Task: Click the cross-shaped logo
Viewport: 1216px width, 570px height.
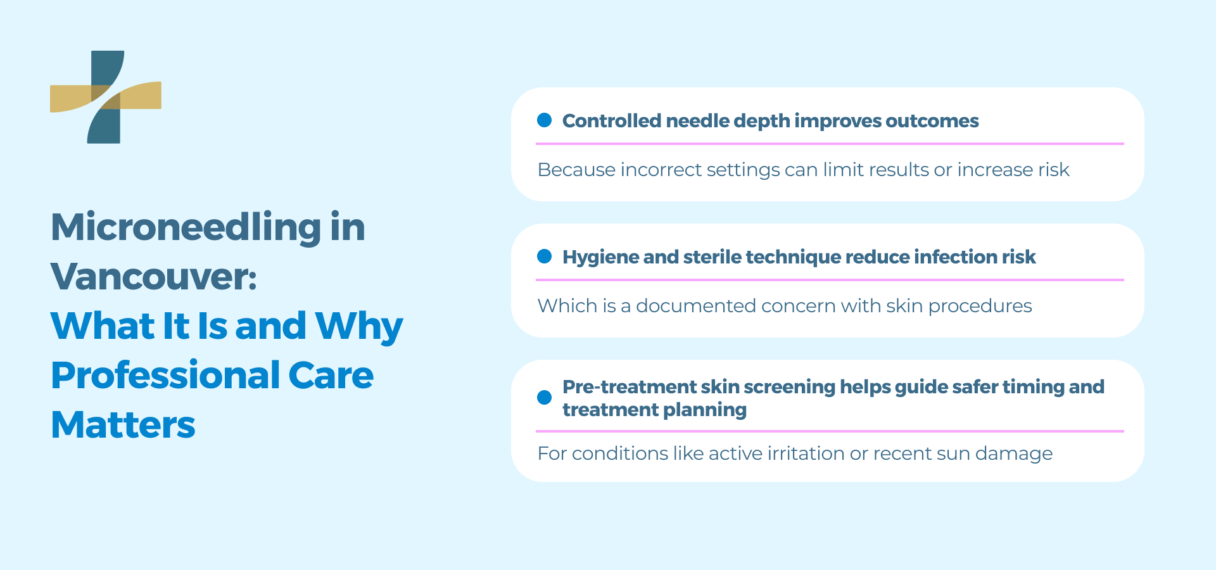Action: (105, 97)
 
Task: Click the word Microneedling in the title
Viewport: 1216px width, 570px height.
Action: (186, 227)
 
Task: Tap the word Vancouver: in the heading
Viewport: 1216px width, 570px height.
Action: (154, 277)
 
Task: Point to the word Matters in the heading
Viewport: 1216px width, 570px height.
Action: (123, 425)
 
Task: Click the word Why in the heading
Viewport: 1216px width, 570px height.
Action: (359, 327)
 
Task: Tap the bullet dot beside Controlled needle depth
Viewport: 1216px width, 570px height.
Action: (544, 120)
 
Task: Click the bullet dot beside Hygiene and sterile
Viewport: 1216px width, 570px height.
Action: (544, 256)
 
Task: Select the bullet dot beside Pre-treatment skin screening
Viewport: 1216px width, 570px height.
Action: (544, 398)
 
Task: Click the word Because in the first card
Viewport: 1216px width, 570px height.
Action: (576, 170)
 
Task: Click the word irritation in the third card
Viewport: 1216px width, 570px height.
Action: (806, 453)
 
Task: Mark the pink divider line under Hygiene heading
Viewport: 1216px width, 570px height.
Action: (830, 279)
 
